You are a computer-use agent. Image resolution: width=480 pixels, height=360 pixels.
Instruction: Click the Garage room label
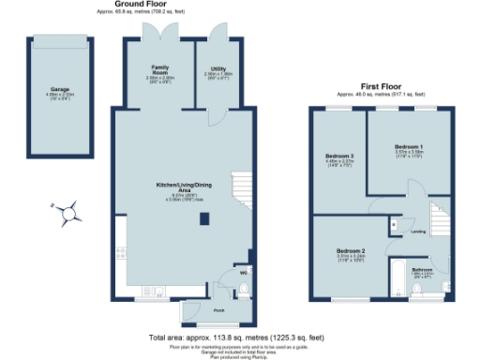point(60,91)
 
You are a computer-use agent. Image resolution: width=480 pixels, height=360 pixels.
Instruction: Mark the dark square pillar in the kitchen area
point(204,219)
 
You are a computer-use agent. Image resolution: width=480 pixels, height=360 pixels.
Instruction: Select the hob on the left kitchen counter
point(120,250)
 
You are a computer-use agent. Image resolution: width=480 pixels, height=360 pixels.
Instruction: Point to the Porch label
point(218,309)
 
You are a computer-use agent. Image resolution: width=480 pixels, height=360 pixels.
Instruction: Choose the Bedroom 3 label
point(338,156)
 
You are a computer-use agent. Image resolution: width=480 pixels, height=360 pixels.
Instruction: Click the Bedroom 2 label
point(350,252)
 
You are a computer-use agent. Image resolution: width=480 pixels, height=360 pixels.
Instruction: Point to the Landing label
point(418,231)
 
